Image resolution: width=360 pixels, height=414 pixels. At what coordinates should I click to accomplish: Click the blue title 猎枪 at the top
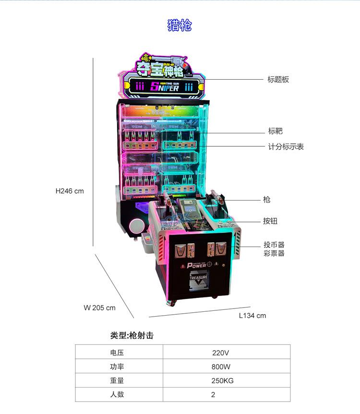tap(180, 25)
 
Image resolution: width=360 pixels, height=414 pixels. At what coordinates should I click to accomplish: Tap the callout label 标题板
tap(278, 80)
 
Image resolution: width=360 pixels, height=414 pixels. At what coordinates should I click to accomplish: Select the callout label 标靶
tap(275, 131)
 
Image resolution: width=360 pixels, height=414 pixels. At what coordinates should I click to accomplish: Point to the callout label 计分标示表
tap(286, 147)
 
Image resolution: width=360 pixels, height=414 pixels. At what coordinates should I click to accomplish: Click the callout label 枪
tap(267, 200)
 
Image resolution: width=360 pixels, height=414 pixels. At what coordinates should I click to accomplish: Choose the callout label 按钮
tap(270, 221)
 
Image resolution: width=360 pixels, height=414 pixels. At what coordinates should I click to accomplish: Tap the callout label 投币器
tap(274, 245)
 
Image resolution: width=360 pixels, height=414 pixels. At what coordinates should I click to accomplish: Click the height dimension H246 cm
tap(70, 191)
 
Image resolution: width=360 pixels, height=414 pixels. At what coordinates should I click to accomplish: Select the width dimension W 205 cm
tap(99, 308)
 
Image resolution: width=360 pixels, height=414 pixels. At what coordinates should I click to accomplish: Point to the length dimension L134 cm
tap(252, 316)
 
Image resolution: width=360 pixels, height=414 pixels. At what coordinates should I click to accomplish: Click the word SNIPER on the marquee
tap(164, 87)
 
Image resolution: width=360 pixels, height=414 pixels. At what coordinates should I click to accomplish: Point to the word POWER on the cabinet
tap(197, 265)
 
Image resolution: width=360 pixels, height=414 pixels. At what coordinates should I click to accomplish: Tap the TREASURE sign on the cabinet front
tap(198, 277)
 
